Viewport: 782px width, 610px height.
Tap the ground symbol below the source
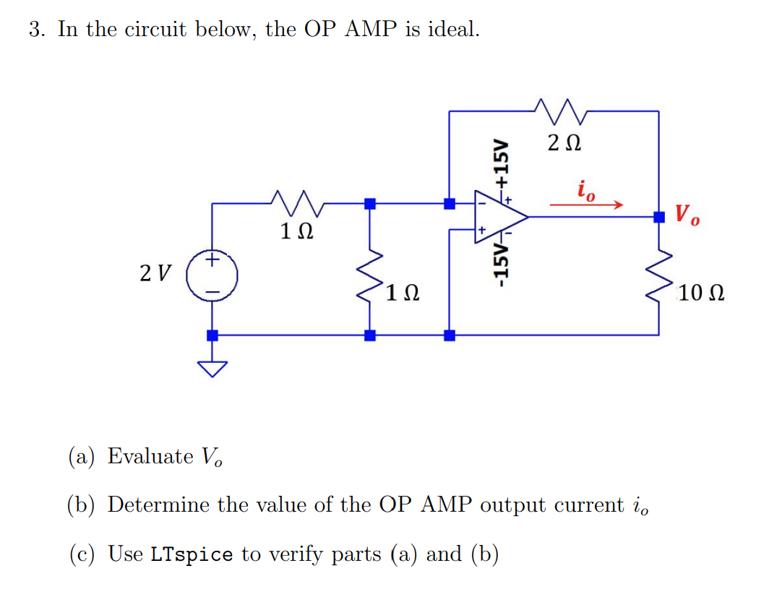pos(212,368)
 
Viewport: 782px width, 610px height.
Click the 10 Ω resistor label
pos(701,294)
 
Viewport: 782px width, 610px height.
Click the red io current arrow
pos(585,205)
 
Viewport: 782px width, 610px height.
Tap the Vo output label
pos(687,215)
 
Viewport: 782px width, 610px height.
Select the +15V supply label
pos(498,164)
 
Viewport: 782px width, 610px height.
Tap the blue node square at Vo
pos(658,216)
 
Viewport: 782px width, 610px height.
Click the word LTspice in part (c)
pos(192,554)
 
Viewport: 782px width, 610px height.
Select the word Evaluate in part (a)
pos(150,456)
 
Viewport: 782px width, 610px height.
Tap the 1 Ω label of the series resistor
pos(296,233)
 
